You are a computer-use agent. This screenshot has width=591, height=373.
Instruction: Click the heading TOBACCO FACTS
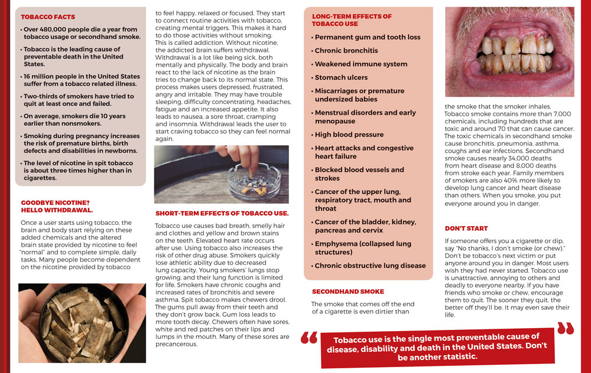(x=48, y=17)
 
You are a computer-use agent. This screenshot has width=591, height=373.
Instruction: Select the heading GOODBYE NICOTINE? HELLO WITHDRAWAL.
(x=57, y=206)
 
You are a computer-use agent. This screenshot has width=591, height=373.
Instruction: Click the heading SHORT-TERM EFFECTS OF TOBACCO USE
(x=222, y=213)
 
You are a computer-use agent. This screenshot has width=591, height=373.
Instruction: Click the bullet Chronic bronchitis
(x=346, y=51)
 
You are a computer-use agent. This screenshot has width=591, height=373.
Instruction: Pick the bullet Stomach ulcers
(x=341, y=77)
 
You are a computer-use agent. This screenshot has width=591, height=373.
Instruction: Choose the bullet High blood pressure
(x=349, y=135)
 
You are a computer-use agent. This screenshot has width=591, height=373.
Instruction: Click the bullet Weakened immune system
(x=361, y=64)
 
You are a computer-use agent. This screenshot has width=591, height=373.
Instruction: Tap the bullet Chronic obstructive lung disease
(x=370, y=266)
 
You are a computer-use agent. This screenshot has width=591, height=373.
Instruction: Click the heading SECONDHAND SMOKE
(x=348, y=292)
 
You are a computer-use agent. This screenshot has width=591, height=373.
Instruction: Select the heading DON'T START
(x=466, y=228)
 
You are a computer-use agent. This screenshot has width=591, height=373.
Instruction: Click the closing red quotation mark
(x=565, y=328)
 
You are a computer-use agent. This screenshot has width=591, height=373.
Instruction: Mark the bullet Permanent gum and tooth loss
(x=368, y=37)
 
